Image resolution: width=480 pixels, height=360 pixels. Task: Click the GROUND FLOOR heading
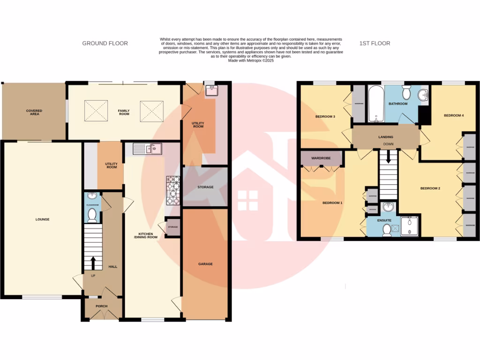105,44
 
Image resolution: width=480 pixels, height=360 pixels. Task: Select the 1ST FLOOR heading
375,44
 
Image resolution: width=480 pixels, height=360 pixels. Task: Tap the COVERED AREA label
34,112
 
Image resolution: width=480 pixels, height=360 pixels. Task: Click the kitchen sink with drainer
147,149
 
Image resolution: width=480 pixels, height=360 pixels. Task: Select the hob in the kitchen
173,191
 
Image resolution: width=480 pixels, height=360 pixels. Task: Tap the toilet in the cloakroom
92,216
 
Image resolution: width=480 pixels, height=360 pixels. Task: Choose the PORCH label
101,306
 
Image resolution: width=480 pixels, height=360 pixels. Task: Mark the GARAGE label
205,264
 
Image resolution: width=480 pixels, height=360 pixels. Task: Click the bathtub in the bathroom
375,104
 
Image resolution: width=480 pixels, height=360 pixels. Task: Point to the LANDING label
386,137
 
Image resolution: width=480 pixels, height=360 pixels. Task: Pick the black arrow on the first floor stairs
388,159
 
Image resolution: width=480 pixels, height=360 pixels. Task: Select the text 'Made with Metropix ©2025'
251,60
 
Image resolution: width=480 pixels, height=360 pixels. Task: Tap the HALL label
112,266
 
